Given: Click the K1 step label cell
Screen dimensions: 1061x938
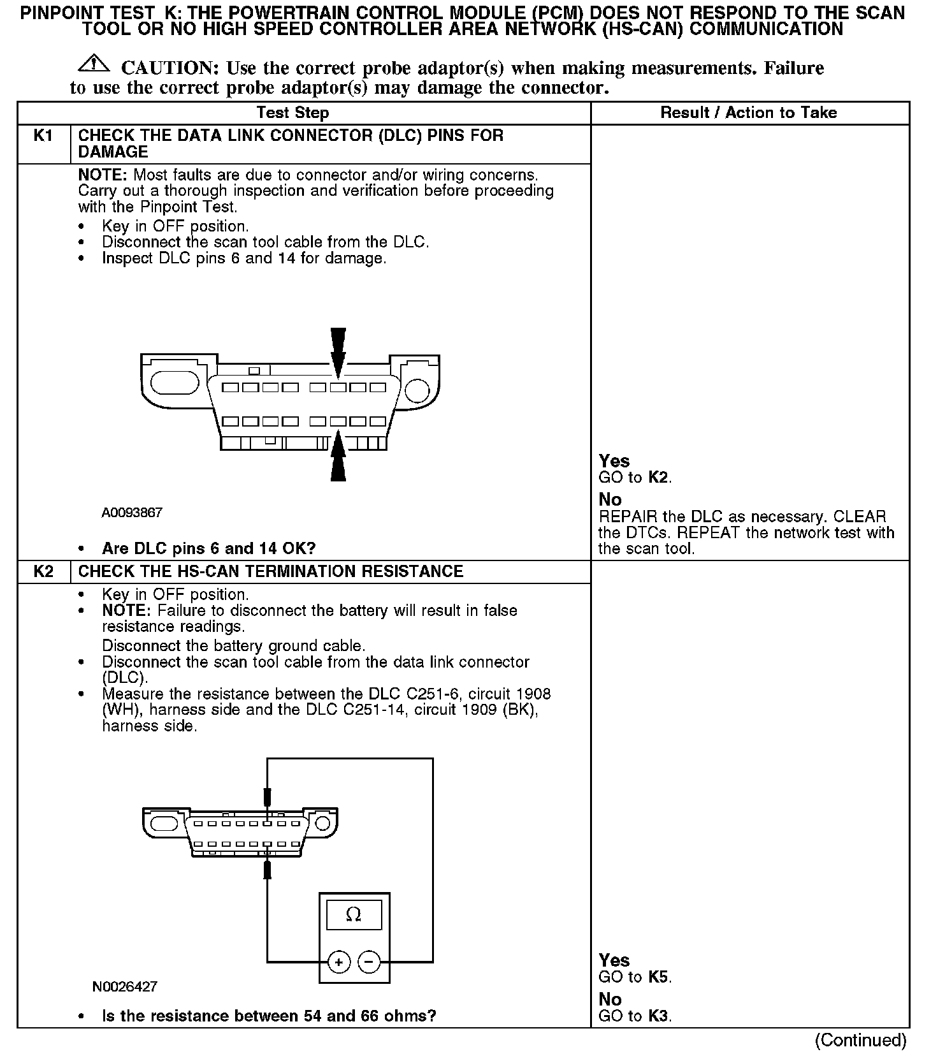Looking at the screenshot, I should click(x=43, y=136).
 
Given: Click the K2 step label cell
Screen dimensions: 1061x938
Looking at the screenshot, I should click(x=43, y=571).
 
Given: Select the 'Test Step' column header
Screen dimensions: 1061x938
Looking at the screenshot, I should click(x=292, y=113).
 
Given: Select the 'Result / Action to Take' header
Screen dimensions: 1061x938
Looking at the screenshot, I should click(x=749, y=113).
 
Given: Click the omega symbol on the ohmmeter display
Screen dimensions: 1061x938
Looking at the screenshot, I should click(x=354, y=915).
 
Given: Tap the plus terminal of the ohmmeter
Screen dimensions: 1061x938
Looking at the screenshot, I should click(x=339, y=962).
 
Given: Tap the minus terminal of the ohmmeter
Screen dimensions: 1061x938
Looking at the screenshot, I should click(x=369, y=962).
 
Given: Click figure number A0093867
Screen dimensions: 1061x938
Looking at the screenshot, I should click(x=132, y=513).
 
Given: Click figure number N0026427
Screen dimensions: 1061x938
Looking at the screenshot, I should click(x=125, y=986).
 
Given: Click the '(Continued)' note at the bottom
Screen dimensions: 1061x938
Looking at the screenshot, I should click(x=860, y=1040).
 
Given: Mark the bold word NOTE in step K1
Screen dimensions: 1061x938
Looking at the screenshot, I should click(x=103, y=175).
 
